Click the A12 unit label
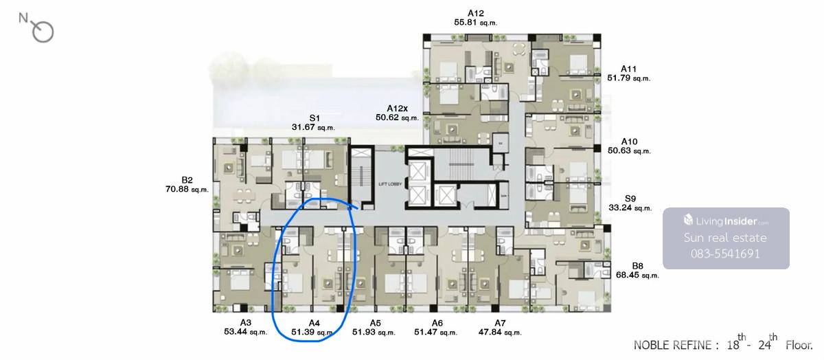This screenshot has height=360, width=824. (476, 13)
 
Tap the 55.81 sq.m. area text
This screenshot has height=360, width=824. (476, 23)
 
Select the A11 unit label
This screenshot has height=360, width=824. (629, 69)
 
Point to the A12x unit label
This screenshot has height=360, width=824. (398, 109)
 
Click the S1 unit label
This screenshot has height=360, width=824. (314, 118)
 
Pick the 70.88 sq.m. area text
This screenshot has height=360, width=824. (187, 189)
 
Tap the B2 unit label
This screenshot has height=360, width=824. (187, 180)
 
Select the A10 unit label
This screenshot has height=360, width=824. (630, 142)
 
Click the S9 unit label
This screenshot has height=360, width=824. (630, 199)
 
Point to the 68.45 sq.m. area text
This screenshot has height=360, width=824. (637, 275)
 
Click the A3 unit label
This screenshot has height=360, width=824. (246, 323)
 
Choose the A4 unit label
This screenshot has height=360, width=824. (314, 323)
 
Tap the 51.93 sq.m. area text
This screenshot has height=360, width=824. (374, 333)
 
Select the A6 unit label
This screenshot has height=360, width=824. (437, 323)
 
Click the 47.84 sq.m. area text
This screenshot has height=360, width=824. (500, 333)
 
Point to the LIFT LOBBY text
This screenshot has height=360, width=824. (390, 184)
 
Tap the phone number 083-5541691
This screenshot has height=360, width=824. (725, 254)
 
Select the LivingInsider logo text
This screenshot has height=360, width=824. (726, 221)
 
